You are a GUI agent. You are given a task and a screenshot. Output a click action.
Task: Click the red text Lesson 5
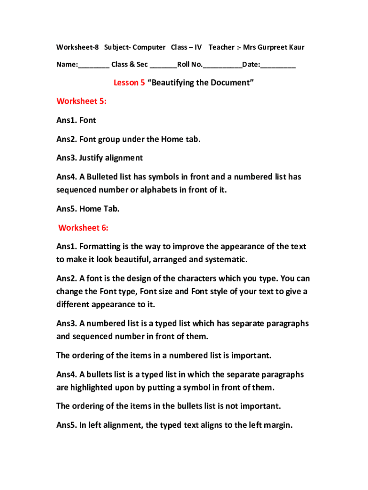129,83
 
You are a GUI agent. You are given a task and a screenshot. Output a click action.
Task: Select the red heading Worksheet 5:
81,101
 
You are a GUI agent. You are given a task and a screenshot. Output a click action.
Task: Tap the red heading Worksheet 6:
83,228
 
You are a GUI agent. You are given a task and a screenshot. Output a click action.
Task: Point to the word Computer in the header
149,47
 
